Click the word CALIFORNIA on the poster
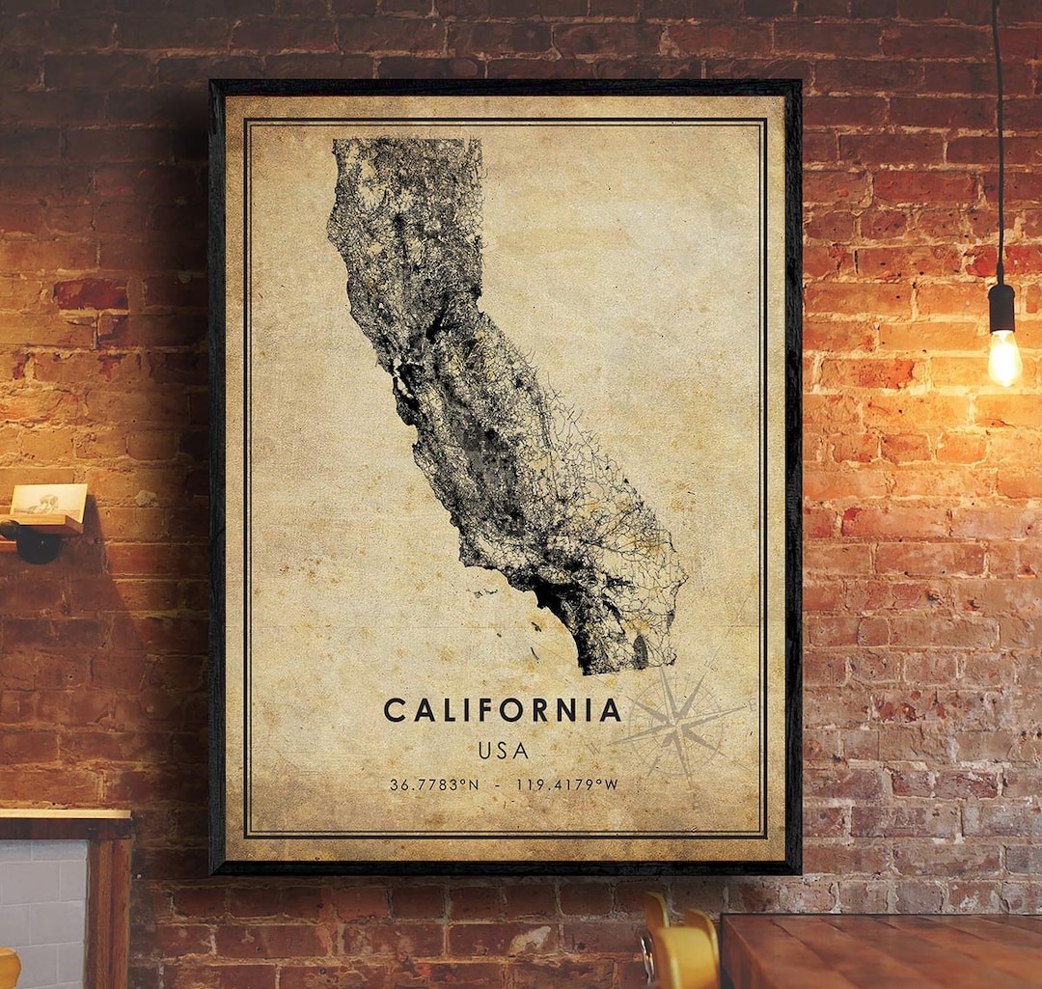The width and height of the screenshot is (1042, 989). (x=503, y=711)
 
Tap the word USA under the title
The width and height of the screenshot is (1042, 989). (x=503, y=751)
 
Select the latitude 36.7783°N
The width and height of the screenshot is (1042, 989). (x=433, y=785)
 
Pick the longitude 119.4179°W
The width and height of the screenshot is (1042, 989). (x=566, y=785)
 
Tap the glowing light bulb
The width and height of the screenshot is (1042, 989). (x=1004, y=357)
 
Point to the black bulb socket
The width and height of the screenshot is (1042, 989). (x=1002, y=308)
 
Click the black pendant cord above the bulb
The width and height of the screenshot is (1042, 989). (x=997, y=145)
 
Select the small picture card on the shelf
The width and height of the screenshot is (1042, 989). (x=48, y=500)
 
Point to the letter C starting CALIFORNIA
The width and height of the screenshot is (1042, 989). (x=394, y=711)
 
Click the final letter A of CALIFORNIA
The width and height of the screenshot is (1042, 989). (x=610, y=711)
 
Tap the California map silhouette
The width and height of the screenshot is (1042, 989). (x=482, y=405)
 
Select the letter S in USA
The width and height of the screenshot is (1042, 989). (x=503, y=751)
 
